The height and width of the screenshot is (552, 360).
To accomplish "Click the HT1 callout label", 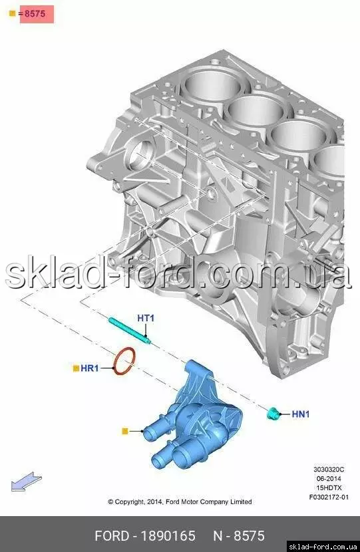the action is [146, 318].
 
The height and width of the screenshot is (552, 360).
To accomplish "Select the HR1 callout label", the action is [90, 368].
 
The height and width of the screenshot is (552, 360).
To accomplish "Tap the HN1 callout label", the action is [301, 414].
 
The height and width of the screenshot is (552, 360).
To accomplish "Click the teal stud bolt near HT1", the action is [130, 331].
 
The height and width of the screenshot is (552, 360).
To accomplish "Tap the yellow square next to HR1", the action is [76, 368].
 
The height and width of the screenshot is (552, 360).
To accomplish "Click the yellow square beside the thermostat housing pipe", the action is [124, 431].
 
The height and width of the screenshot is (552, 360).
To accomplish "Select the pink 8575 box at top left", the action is [37, 14].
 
